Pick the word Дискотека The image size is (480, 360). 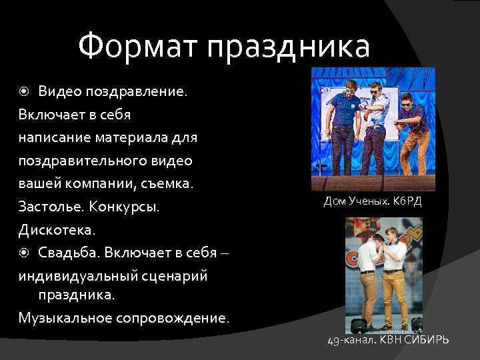[x=57, y=230]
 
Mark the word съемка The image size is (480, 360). [x=166, y=183]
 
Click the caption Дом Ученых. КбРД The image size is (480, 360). [x=372, y=201]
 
